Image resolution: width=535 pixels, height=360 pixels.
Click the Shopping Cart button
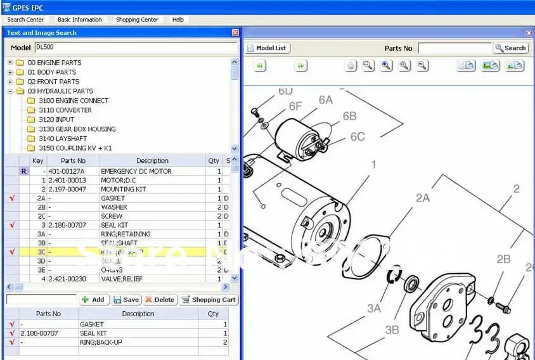(209, 300)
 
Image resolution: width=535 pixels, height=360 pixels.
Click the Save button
(126, 300)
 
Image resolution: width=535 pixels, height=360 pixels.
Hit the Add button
(93, 300)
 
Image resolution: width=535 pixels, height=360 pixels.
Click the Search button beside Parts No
(510, 48)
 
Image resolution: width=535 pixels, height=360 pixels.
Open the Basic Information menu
(80, 20)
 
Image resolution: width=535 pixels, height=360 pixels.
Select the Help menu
(178, 20)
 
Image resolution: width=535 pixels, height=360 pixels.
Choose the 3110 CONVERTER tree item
(65, 110)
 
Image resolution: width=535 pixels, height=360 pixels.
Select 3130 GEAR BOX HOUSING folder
(77, 129)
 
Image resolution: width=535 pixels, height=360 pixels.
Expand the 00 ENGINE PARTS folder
(10, 63)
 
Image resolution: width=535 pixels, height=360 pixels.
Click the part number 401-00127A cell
(66, 171)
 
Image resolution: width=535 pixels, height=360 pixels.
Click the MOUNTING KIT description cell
(123, 189)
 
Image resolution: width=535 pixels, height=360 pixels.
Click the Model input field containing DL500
(136, 48)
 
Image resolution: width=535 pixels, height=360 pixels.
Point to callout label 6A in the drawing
(325, 100)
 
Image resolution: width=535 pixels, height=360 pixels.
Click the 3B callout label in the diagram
(392, 330)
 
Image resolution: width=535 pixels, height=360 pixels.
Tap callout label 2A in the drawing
(423, 198)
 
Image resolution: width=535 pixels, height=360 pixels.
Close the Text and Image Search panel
(235, 33)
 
